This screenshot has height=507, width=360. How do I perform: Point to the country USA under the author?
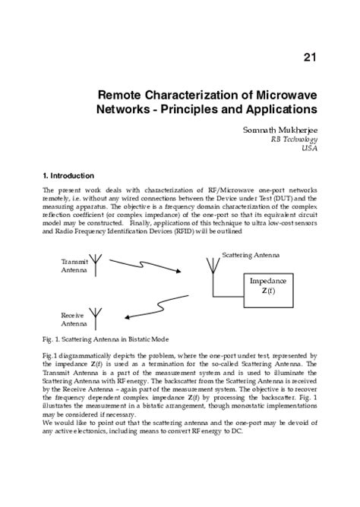(x=310, y=149)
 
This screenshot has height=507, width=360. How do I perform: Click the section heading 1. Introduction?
(x=68, y=175)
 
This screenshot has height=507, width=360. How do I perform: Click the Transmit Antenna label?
(x=74, y=265)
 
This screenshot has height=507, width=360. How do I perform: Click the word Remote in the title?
(x=123, y=96)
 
